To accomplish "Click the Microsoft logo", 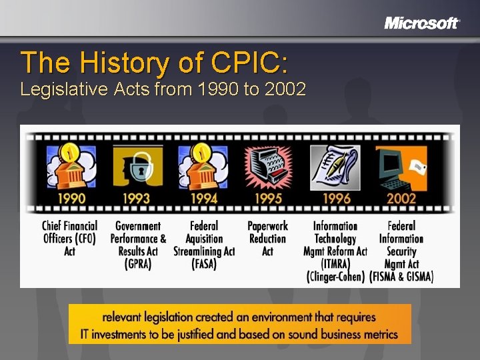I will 422,23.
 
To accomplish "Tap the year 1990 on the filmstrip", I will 71,198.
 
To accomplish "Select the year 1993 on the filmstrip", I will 136,198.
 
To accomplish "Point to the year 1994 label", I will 203,198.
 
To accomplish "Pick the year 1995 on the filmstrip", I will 268,198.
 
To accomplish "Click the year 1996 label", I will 337,198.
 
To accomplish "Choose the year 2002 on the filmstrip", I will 401,198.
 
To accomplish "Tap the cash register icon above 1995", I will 268,167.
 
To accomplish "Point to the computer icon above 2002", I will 401,167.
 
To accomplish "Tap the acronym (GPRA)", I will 138,264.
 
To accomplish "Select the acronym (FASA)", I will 204,264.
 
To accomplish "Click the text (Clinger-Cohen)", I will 336,277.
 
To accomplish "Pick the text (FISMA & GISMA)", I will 401,277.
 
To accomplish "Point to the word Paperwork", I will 267,226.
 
